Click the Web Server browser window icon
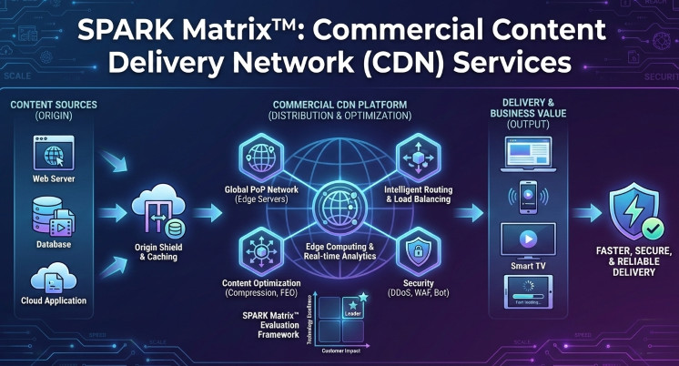tap(54, 152)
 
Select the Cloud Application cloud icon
tap(54, 275)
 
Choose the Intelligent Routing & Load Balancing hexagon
tap(418, 157)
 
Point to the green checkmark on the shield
tap(653, 227)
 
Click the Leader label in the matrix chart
tap(353, 315)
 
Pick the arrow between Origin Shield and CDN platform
tap(208, 214)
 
